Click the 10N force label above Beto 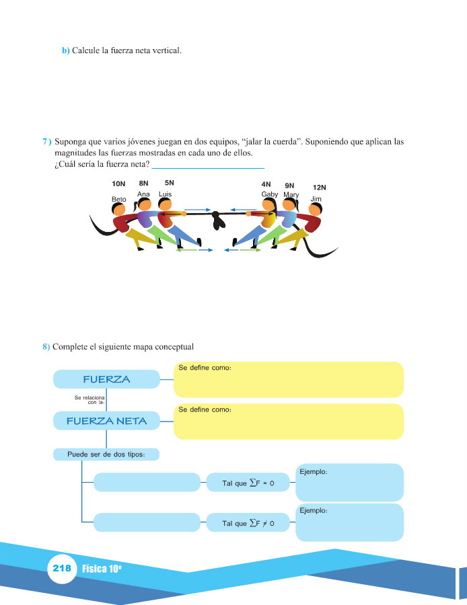pyautogui.click(x=118, y=184)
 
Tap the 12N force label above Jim pyautogui.click(x=319, y=188)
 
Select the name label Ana pyautogui.click(x=143, y=194)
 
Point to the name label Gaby pyautogui.click(x=270, y=194)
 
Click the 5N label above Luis pyautogui.click(x=169, y=183)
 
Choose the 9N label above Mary pyautogui.click(x=290, y=185)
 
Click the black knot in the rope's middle pyautogui.click(x=217, y=218)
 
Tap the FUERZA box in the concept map pyautogui.click(x=106, y=380)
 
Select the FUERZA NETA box pyautogui.click(x=107, y=421)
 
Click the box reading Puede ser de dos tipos pyautogui.click(x=106, y=454)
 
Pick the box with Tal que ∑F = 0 pyautogui.click(x=248, y=483)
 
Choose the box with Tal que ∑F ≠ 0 pyautogui.click(x=248, y=522)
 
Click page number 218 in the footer pyautogui.click(x=61, y=568)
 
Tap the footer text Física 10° pyautogui.click(x=102, y=569)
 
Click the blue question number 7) pyautogui.click(x=46, y=143)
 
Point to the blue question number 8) pyautogui.click(x=46, y=347)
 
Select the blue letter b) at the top pyautogui.click(x=66, y=50)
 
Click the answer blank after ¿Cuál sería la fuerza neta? pyautogui.click(x=208, y=165)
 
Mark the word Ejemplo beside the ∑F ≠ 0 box pyautogui.click(x=313, y=511)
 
